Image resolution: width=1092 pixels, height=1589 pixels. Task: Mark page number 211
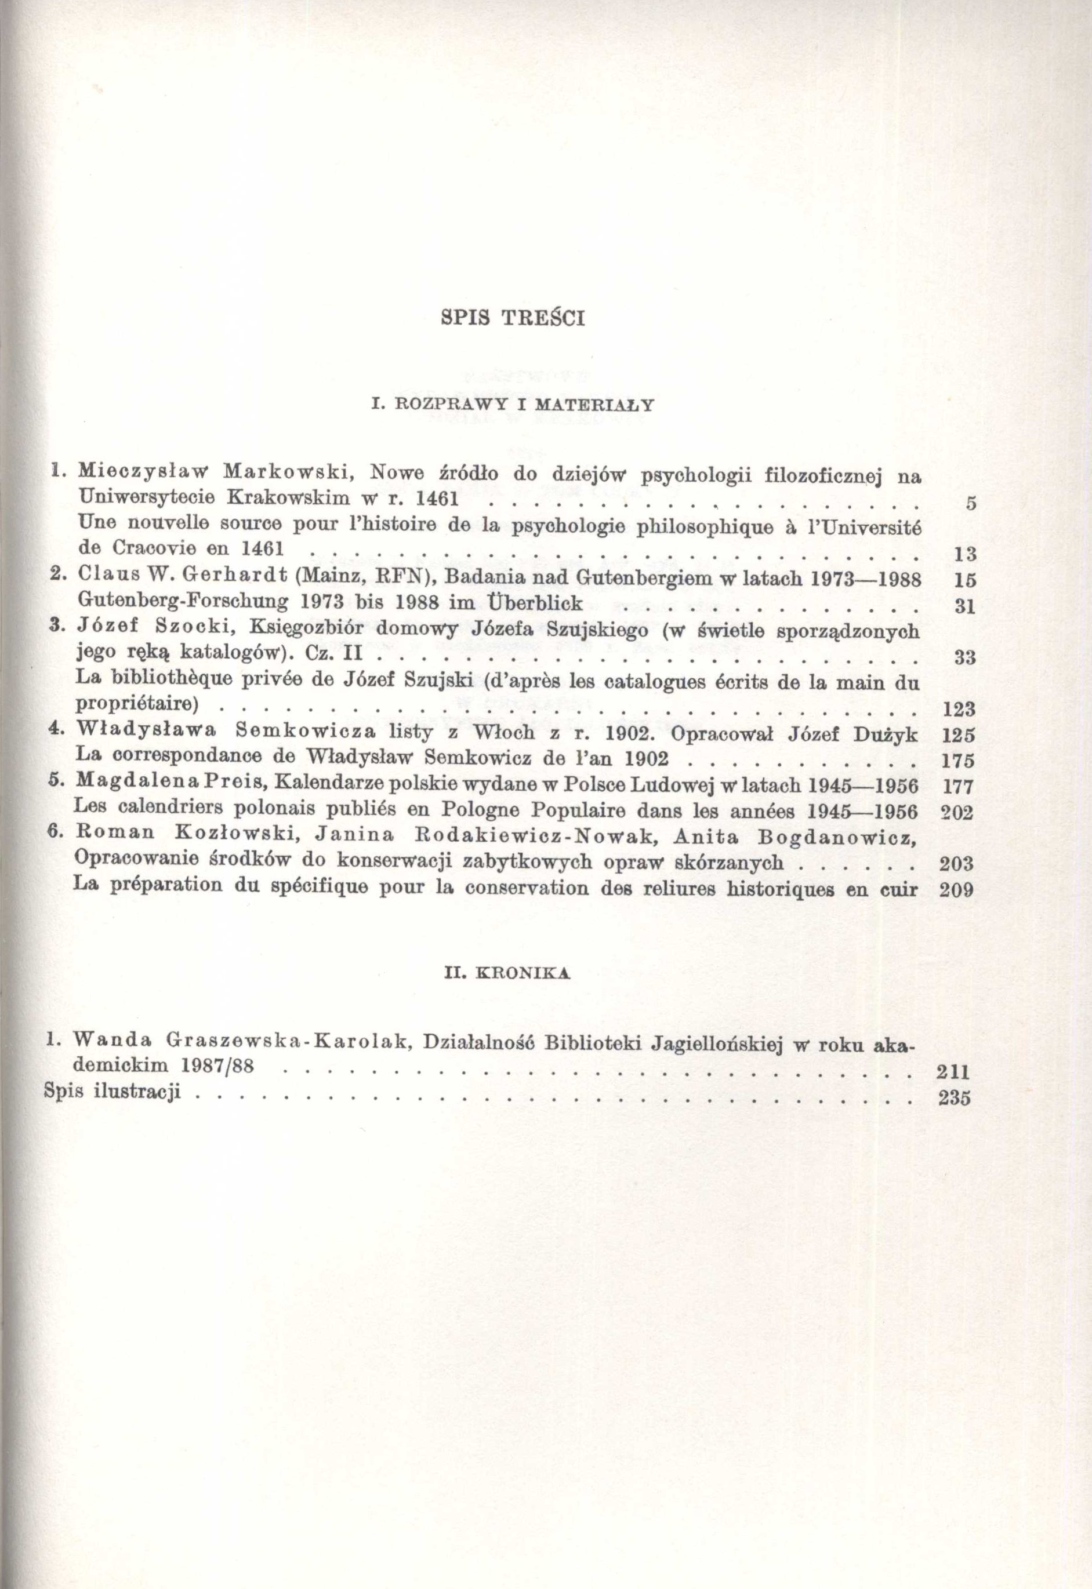click(x=955, y=1072)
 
